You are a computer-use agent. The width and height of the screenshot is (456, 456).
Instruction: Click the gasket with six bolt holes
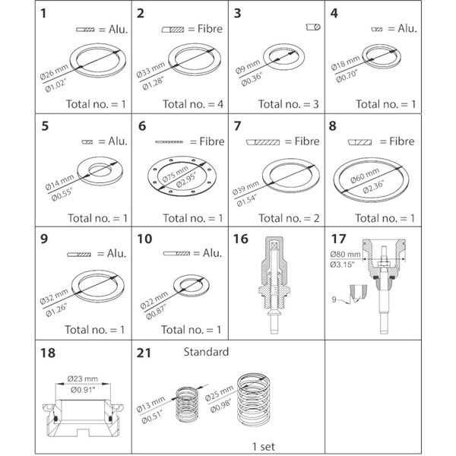(180, 179)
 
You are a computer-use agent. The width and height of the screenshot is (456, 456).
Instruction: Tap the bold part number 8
(331, 127)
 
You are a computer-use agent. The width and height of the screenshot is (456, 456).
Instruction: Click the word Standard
(206, 353)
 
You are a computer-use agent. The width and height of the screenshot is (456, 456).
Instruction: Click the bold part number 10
(144, 241)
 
